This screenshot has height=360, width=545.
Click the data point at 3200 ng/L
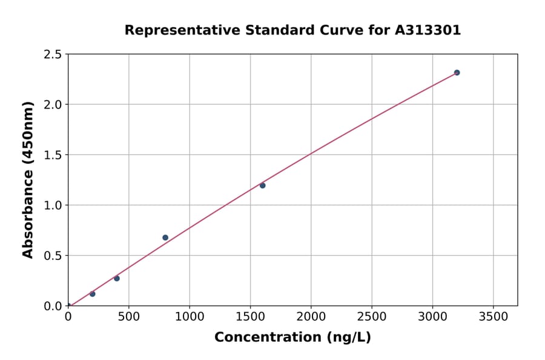457,73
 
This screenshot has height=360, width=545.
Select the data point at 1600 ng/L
262,185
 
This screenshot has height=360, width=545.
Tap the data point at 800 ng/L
165,238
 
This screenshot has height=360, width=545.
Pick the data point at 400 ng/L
117,278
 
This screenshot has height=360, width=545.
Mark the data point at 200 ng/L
93,294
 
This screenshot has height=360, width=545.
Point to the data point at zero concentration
68,305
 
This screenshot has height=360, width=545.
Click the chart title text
292,30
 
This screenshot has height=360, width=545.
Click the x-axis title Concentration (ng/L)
292,338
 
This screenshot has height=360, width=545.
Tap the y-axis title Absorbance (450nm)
28,180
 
